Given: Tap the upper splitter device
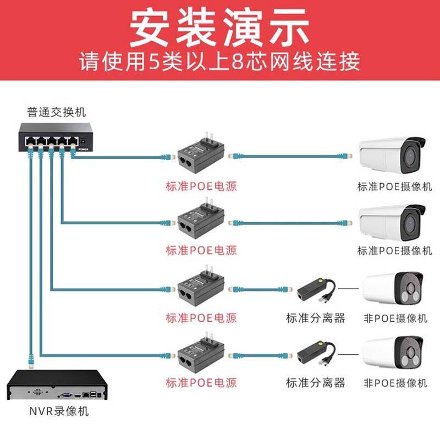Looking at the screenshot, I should click(x=316, y=289).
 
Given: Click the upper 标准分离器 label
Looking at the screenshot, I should click(x=315, y=318).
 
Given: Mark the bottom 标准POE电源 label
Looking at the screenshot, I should click(x=201, y=383).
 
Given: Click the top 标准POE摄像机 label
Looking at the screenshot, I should click(x=394, y=187).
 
